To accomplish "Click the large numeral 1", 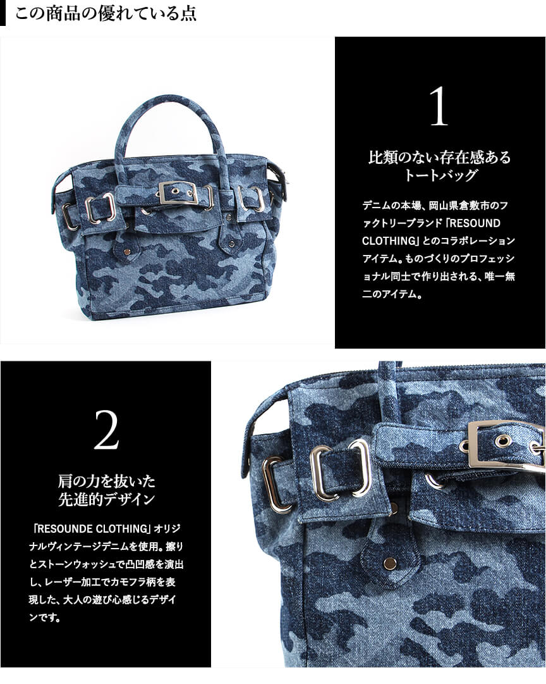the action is pos(439,106).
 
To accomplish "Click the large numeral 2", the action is pos(106,430).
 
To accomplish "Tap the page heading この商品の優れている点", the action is pos(106,13).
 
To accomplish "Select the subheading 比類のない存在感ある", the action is pos(439,157).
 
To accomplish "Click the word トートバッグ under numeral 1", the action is pos(440,175).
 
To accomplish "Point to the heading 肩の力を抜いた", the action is pos(106,481).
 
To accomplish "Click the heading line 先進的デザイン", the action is pos(106,499).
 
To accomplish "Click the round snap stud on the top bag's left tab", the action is pos(126,251).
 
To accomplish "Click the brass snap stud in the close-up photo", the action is pos(390,564).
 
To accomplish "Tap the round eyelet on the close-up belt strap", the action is pos(503,440).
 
